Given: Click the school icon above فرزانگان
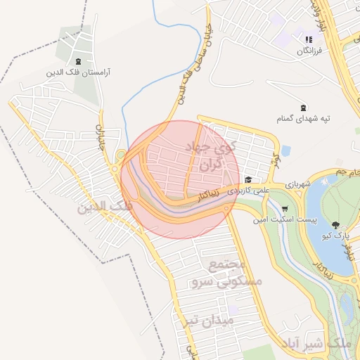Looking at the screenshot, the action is [x=308, y=39].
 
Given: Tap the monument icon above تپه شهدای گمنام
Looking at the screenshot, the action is [x=303, y=108].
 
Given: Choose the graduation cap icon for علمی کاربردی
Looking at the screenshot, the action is [x=248, y=179].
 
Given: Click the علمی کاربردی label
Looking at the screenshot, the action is [x=262, y=190].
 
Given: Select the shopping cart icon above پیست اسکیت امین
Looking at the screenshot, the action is [x=284, y=209].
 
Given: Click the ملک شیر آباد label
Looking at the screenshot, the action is [x=314, y=343].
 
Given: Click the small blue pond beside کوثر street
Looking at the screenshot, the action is [x=285, y=150].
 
